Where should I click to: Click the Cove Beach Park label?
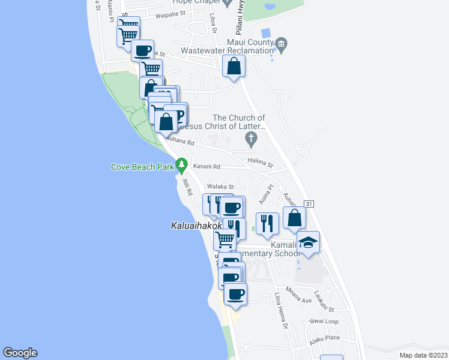coord(142,167)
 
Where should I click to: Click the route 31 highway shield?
coord(309,205)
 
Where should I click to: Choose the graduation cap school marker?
coord(308,242)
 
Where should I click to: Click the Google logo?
coord(20,353)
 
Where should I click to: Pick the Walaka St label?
coord(220,187)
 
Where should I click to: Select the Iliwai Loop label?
coord(324,321)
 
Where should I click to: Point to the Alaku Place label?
coord(325,338)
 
